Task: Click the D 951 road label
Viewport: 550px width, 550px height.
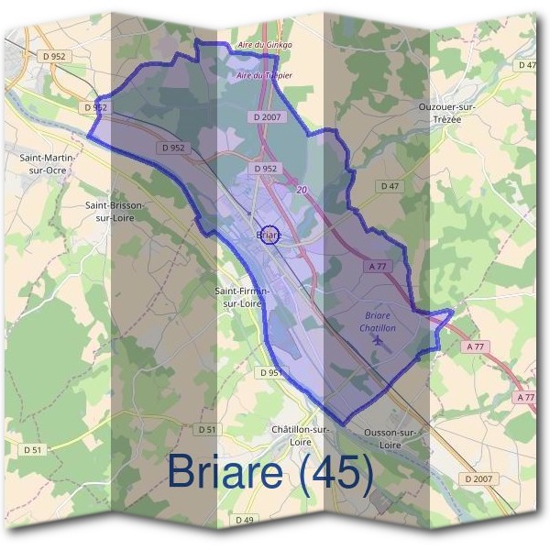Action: coord(270,373)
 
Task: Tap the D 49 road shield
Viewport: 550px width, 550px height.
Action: coord(245,520)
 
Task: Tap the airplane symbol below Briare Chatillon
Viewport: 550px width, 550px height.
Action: coord(378,340)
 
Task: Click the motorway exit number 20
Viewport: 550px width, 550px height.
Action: coord(302,188)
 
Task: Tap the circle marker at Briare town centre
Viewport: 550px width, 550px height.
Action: coord(269,235)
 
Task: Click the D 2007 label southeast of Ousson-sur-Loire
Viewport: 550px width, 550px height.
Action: coord(478,478)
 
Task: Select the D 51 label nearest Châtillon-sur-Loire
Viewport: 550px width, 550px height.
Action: coord(207,429)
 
